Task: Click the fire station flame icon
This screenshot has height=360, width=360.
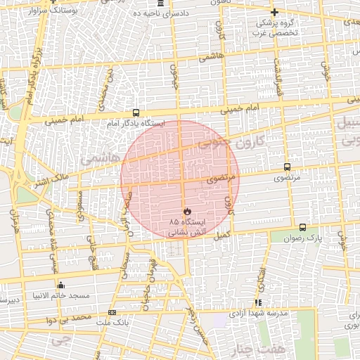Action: pyautogui.click(x=186, y=211)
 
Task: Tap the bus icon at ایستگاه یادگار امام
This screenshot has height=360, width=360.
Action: pyautogui.click(x=136, y=112)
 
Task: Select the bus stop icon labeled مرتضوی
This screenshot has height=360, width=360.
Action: pyautogui.click(x=287, y=167)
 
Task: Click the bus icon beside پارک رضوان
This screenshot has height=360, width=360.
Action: pyautogui.click(x=302, y=227)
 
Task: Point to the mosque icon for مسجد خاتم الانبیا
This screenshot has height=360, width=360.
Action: pyautogui.click(x=60, y=285)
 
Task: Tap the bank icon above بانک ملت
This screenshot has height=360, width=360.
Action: pyautogui.click(x=112, y=312)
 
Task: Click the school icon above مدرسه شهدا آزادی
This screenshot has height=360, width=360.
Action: pyautogui.click(x=257, y=302)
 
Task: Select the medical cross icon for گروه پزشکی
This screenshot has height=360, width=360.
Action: pyautogui.click(x=274, y=12)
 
